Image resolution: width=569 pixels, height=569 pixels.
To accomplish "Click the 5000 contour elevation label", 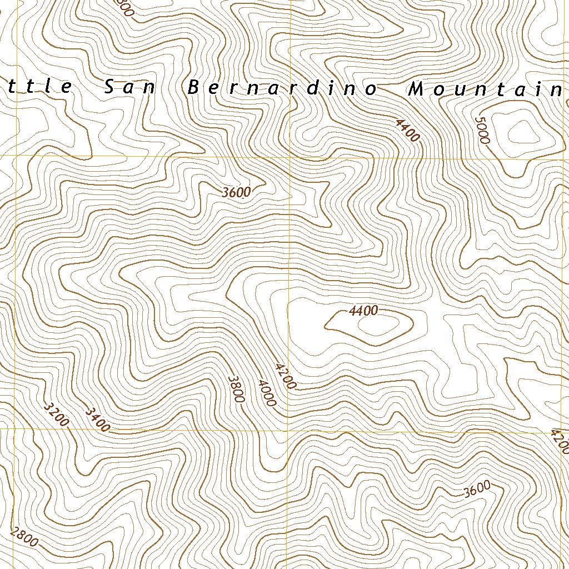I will pyautogui.click(x=482, y=129).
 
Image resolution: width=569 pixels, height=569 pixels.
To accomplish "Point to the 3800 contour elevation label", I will pyautogui.click(x=236, y=388).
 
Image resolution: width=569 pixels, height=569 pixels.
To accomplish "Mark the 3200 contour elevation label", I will pyautogui.click(x=56, y=414).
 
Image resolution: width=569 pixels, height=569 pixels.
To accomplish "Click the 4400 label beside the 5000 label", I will pyautogui.click(x=407, y=130).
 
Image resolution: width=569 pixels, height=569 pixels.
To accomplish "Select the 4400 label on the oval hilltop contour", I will pyautogui.click(x=363, y=311).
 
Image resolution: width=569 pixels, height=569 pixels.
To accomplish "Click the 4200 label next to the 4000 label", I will pyautogui.click(x=286, y=376).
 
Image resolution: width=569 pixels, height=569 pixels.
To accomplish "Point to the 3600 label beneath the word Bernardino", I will pyautogui.click(x=236, y=193).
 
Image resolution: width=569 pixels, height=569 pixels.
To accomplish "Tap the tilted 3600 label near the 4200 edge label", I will pyautogui.click(x=477, y=488).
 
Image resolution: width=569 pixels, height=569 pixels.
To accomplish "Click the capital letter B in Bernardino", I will pyautogui.click(x=193, y=88).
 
